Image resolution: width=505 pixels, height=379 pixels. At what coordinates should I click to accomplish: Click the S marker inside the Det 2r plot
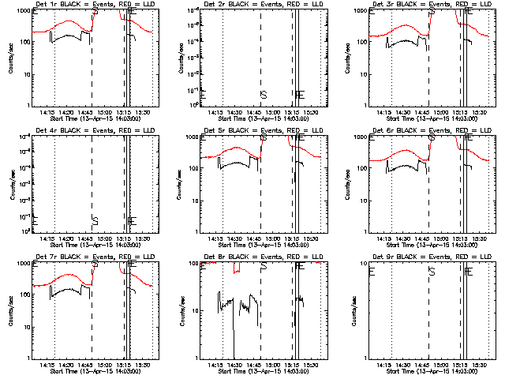tap(264, 95)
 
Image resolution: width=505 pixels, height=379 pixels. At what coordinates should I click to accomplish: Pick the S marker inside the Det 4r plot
tap(95, 220)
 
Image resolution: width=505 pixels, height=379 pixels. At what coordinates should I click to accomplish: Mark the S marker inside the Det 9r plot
tap(432, 272)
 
